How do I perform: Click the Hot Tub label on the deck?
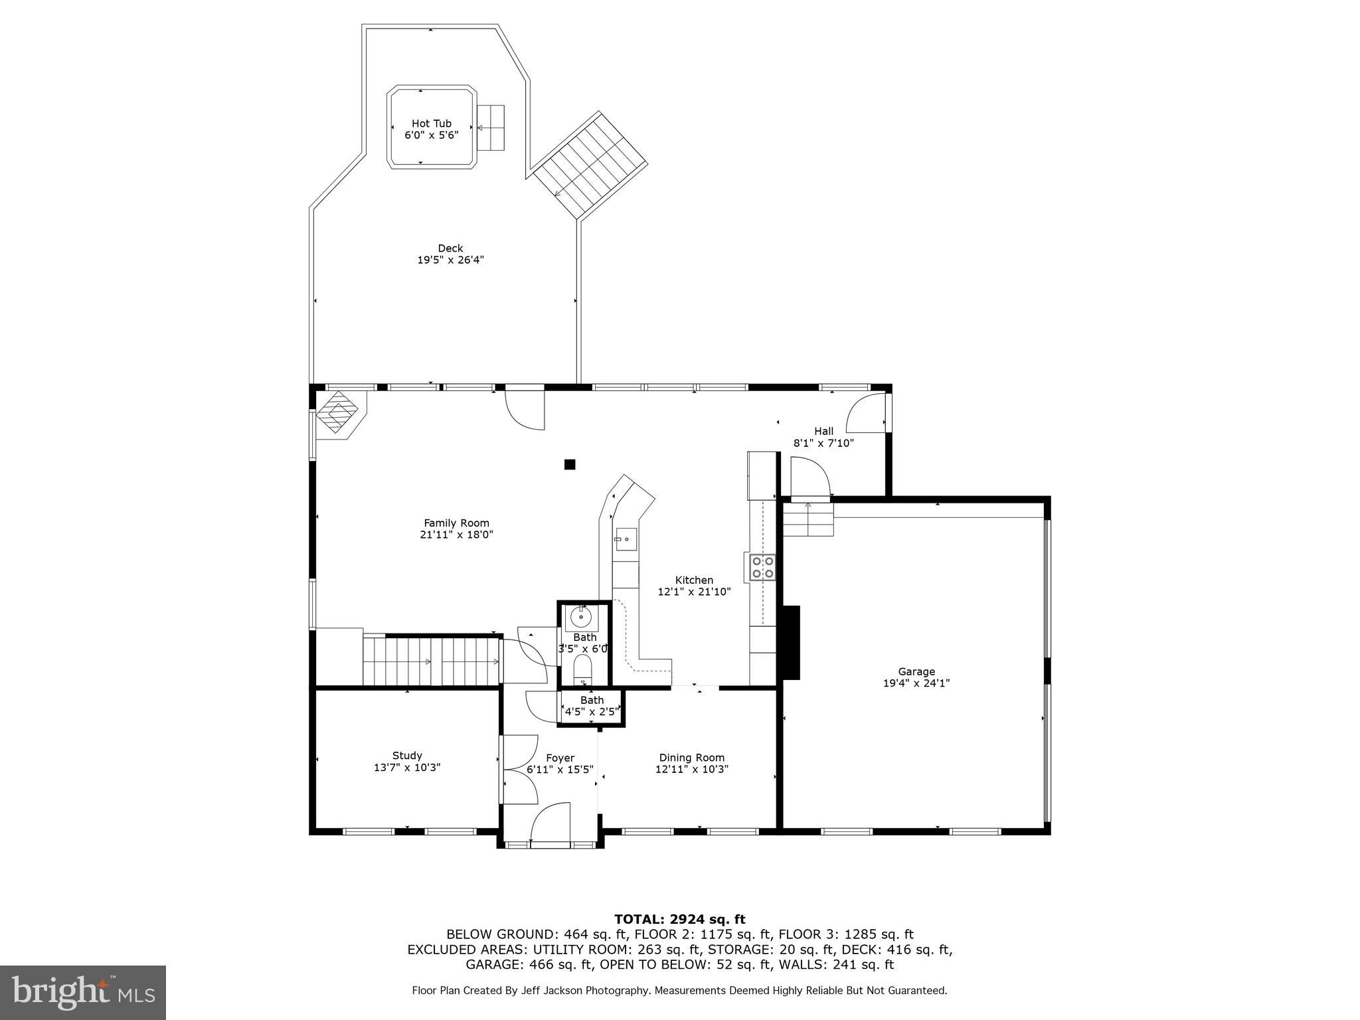pyautogui.click(x=431, y=124)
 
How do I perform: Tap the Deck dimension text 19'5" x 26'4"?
pyautogui.click(x=450, y=260)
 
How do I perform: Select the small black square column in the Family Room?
pyautogui.click(x=569, y=465)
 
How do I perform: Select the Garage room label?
pyautogui.click(x=916, y=671)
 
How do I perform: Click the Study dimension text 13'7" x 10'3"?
pyautogui.click(x=407, y=767)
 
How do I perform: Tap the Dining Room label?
pyautogui.click(x=691, y=758)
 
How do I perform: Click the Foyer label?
pyautogui.click(x=560, y=758)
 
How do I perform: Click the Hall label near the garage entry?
pyautogui.click(x=823, y=431)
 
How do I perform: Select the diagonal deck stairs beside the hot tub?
pyautogui.click(x=591, y=165)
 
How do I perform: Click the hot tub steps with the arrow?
pyautogui.click(x=491, y=127)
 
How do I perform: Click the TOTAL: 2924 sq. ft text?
pyautogui.click(x=679, y=919)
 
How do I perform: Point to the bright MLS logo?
pyautogui.click(x=83, y=992)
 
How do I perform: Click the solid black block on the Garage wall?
pyautogui.click(x=792, y=642)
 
